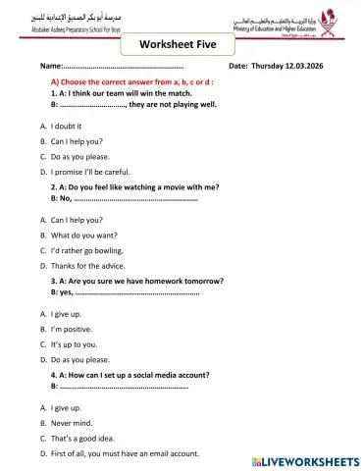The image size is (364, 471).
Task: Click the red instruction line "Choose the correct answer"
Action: pyautogui.click(x=131, y=82)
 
